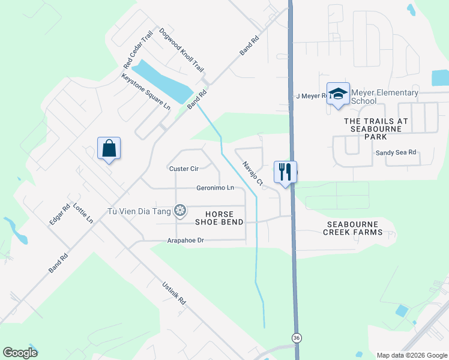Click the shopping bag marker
[109, 148]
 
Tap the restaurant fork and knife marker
[285, 172]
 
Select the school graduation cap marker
[338, 94]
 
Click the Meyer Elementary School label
[384, 97]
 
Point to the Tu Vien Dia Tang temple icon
[179, 210]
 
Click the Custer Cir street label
[184, 169]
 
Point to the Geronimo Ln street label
[215, 188]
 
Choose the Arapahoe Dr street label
[186, 241]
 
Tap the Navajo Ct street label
[253, 173]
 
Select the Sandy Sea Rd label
[396, 152]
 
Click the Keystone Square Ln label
[146, 91]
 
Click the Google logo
[20, 353]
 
